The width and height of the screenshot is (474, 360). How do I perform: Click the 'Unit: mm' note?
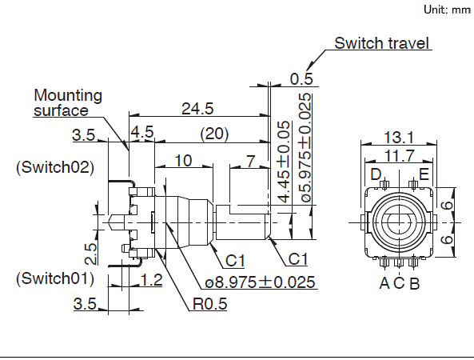click(x=447, y=10)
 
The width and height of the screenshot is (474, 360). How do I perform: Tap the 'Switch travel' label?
click(x=382, y=43)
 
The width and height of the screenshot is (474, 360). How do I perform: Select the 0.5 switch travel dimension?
click(x=301, y=78)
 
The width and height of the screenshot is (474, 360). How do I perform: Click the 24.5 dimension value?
click(x=197, y=108)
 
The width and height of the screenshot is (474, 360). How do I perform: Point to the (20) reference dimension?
click(x=214, y=134)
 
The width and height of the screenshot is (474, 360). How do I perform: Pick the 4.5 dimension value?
click(x=142, y=132)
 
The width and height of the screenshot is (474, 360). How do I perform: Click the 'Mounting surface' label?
click(x=68, y=102)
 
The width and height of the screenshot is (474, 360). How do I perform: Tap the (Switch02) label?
click(x=55, y=167)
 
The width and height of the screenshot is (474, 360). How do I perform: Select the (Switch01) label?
click(x=55, y=278)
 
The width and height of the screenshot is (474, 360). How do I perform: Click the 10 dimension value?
click(x=184, y=161)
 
